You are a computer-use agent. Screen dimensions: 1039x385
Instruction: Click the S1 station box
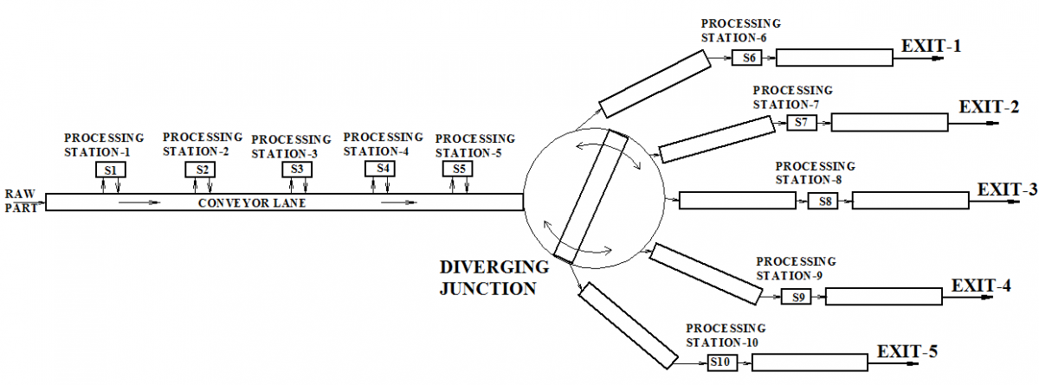coord(111,170)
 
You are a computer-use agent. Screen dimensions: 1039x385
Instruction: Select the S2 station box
coord(200,170)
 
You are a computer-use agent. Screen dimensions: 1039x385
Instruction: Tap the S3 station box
coord(297,170)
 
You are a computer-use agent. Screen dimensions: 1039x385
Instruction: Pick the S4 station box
coord(380,169)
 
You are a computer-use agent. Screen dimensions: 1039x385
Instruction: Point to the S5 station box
coord(458,169)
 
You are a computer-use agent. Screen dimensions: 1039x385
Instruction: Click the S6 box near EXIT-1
coord(746,58)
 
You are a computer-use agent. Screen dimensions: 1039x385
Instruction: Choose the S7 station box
coord(802,123)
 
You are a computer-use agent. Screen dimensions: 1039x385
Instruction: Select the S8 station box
coord(823,201)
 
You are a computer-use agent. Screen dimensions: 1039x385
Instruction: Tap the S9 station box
coord(796,297)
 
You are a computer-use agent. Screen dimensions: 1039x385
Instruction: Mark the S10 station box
coord(723,363)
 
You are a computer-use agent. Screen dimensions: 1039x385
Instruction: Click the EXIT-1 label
coord(931,46)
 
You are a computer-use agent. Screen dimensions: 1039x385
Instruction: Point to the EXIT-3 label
coord(1007,189)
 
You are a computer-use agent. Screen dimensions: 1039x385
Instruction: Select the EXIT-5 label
coord(907,351)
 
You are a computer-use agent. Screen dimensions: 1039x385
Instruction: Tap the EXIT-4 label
coord(981,286)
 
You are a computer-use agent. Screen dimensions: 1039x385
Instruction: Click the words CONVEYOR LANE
coord(252,203)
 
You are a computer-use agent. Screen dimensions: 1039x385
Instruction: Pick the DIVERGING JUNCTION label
coord(494,278)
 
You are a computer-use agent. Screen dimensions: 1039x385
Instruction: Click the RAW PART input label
coord(21,201)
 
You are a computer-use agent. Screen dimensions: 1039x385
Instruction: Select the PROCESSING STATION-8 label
coord(815,173)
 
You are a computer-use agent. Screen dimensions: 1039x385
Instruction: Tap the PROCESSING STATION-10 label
coord(726,335)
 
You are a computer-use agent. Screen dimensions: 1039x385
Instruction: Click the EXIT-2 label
coord(989,107)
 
